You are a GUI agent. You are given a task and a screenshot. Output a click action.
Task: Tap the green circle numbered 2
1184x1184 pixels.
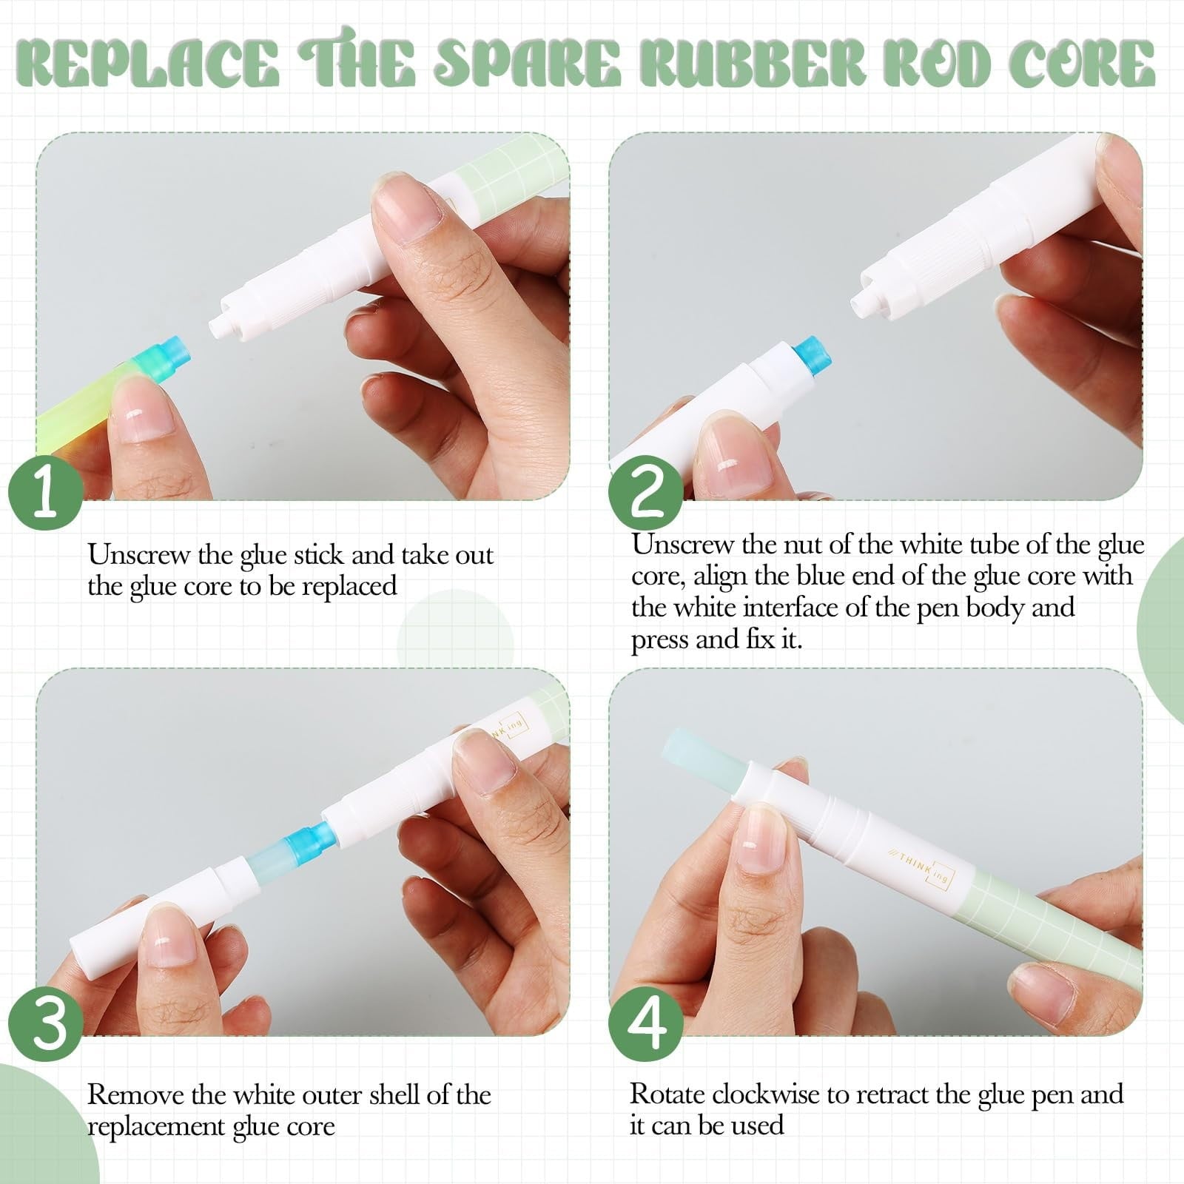(646, 492)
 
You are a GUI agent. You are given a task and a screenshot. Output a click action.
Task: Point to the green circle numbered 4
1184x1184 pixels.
(646, 1025)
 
